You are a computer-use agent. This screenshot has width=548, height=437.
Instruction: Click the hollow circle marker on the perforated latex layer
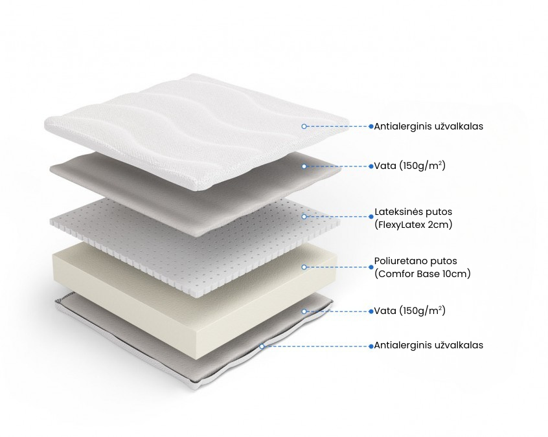point(304,217)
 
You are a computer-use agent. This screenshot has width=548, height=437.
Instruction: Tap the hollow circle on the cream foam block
point(304,267)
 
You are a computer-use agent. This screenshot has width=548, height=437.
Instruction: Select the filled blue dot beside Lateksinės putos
point(371,217)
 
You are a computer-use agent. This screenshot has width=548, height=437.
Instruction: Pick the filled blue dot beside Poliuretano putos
point(371,267)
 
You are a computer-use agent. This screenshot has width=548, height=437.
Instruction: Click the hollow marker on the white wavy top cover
point(304,126)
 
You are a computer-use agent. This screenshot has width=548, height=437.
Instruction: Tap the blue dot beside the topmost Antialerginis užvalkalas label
point(371,126)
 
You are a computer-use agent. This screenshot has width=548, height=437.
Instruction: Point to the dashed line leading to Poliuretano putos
point(337,267)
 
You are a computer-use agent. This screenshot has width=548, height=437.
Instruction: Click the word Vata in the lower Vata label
point(385,311)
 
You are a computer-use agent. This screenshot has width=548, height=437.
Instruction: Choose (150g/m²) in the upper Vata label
point(422,166)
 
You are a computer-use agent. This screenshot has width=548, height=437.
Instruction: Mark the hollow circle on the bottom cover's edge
point(262,346)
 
